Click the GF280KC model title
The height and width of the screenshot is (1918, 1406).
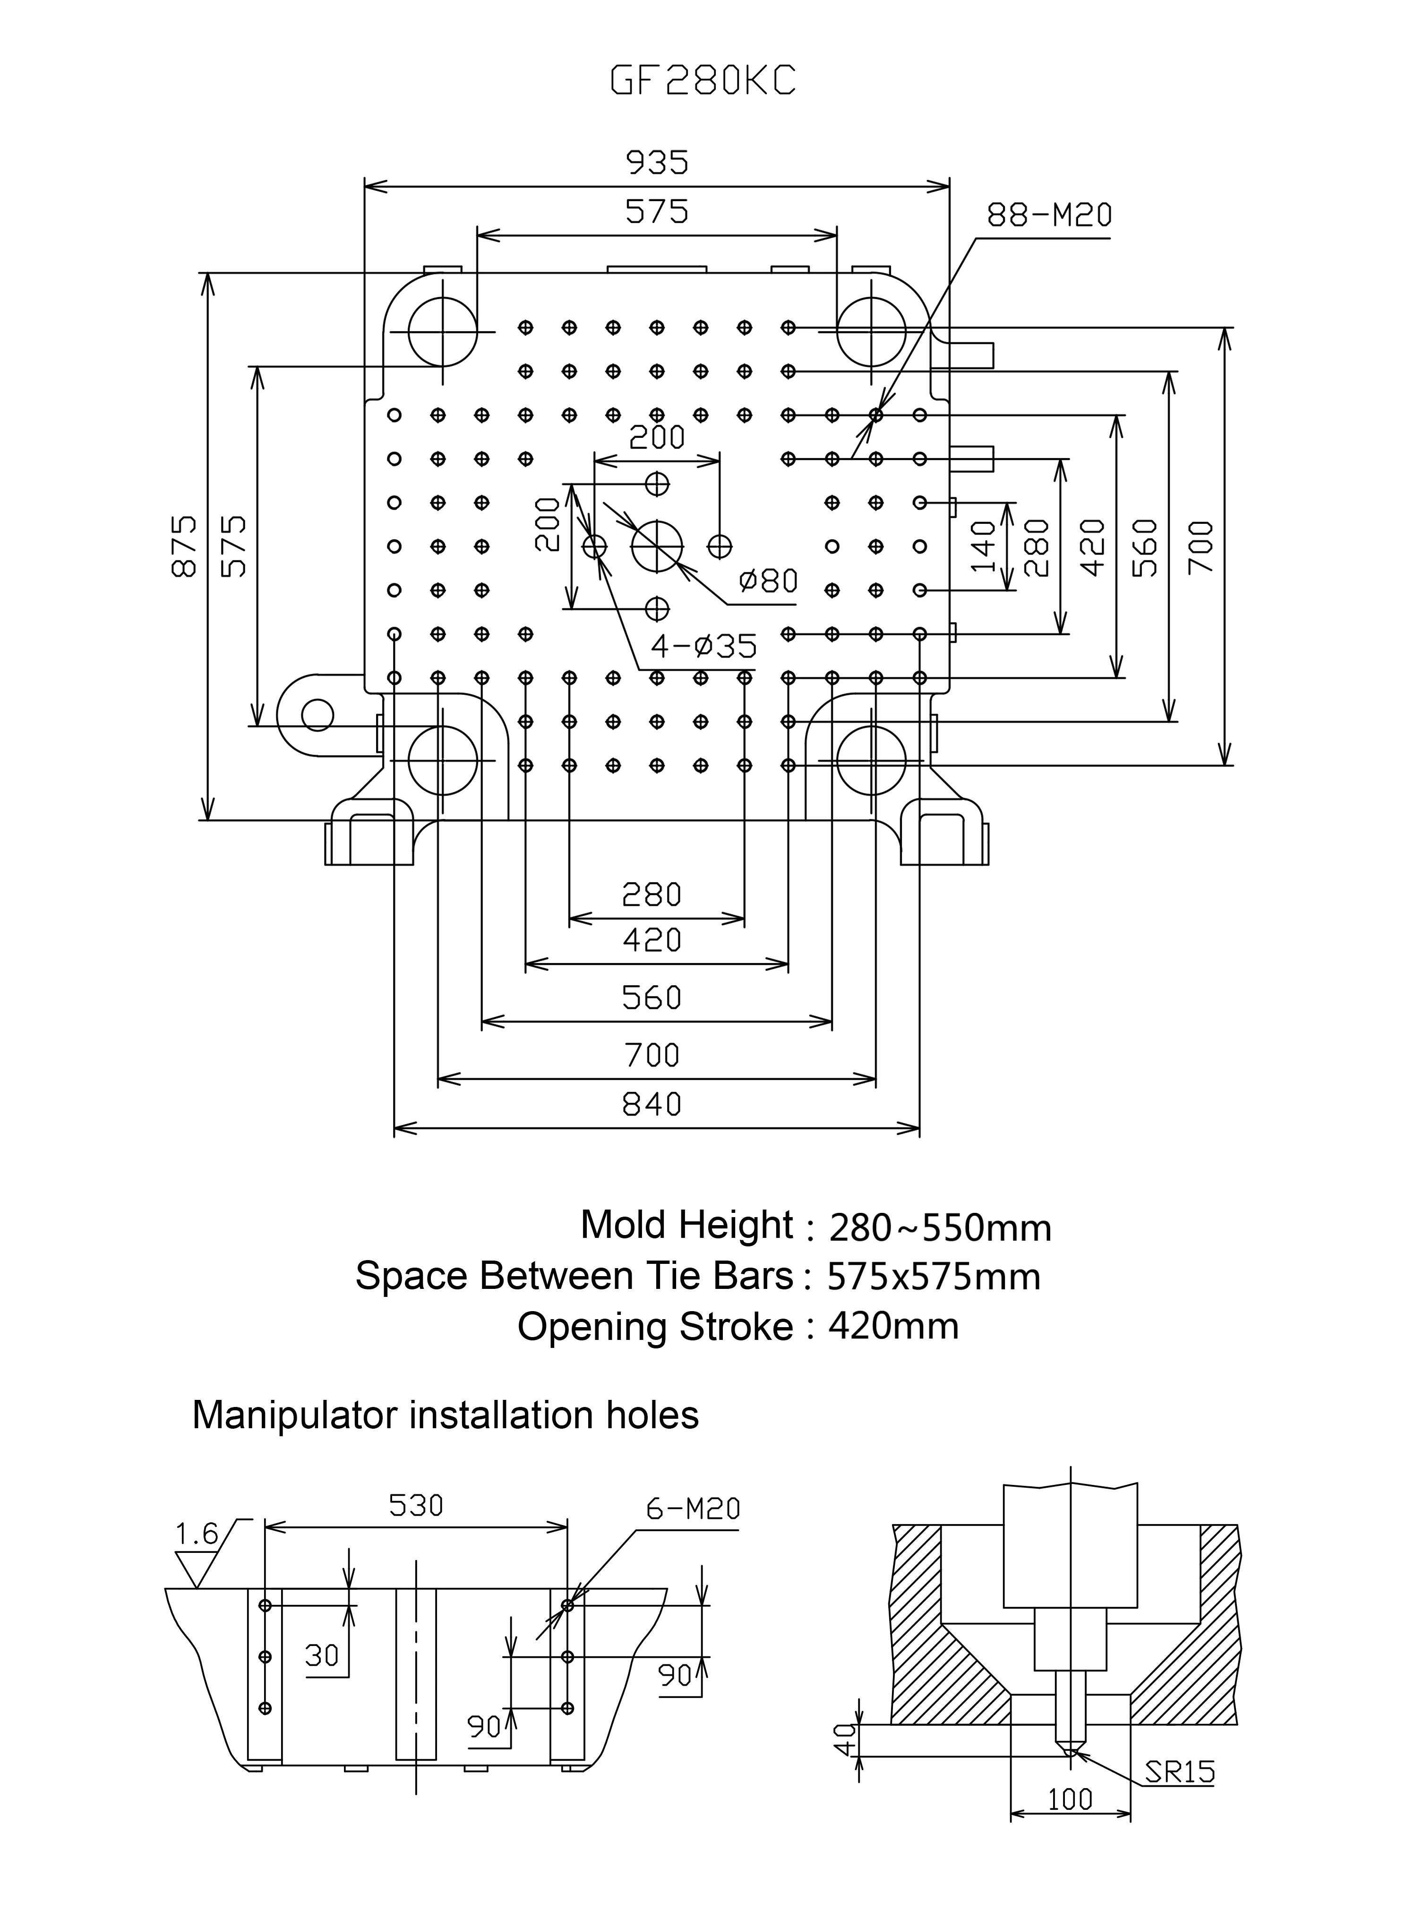703,81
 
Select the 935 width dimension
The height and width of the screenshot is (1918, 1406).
657,162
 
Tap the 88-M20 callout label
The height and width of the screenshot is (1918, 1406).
1049,215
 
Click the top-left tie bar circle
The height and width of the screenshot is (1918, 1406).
443,329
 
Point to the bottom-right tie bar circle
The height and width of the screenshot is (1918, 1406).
872,760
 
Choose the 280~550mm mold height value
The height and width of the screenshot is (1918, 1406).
941,1228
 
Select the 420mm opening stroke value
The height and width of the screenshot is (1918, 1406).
894,1326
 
